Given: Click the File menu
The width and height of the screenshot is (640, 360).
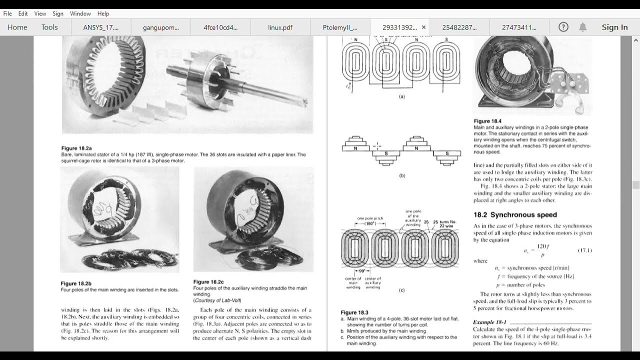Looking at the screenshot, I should coord(8,13).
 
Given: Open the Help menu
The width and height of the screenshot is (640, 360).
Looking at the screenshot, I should coord(103,13).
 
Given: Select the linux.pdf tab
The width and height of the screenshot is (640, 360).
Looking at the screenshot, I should coord(280,27).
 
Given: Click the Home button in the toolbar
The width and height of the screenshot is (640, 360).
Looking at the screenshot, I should coord(17,27).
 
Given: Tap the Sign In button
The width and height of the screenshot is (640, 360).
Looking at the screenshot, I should coord(614,27).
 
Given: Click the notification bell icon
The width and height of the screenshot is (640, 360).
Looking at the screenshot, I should coord(582,27).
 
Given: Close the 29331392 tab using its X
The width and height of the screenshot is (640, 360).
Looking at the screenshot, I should coord(423,27).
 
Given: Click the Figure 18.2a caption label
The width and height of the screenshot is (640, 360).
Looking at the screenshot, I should coord(76,148).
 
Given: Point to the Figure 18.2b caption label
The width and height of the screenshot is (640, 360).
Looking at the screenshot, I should coord(76,283).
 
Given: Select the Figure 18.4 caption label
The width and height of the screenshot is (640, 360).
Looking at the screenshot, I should coord(487,121).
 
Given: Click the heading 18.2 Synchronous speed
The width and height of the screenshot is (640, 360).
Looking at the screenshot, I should coord(515,215).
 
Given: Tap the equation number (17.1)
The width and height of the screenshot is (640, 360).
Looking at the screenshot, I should coord(584,250).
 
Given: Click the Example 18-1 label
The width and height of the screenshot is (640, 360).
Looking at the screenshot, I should coord(489,322).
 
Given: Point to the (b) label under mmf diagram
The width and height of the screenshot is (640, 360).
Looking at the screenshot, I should coord(402,175).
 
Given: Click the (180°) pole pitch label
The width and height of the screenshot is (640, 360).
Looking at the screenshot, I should coord(370,223).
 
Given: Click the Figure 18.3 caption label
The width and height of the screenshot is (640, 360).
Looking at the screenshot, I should coord(354,312).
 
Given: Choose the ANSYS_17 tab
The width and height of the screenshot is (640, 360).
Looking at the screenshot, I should coord(101,27).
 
